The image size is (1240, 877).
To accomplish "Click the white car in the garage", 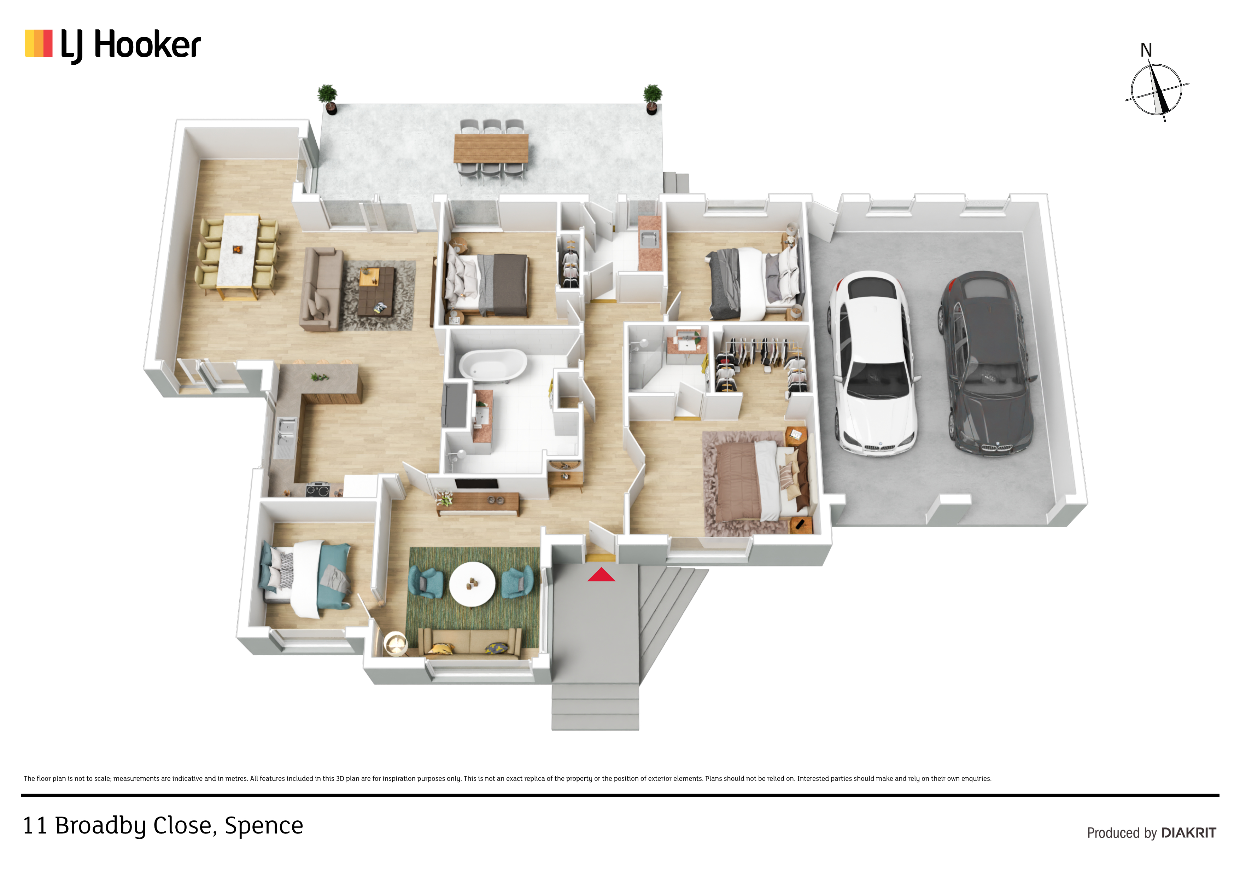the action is pyautogui.click(x=874, y=363).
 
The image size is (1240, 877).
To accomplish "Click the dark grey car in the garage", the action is pyautogui.click(x=987, y=363).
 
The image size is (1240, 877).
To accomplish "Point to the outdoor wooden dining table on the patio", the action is pyautogui.click(x=491, y=148).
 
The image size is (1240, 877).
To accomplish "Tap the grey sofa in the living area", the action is pyautogui.click(x=321, y=289).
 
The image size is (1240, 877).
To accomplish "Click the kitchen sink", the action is pyautogui.click(x=285, y=432).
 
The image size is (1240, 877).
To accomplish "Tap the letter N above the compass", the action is pyautogui.click(x=1146, y=50).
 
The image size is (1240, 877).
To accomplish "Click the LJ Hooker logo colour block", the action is pyautogui.click(x=39, y=43).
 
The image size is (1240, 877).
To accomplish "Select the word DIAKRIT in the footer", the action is pyautogui.click(x=1189, y=833).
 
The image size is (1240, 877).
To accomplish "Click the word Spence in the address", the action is pyautogui.click(x=264, y=826).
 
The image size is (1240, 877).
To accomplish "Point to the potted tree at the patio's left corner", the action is pyautogui.click(x=328, y=99).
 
